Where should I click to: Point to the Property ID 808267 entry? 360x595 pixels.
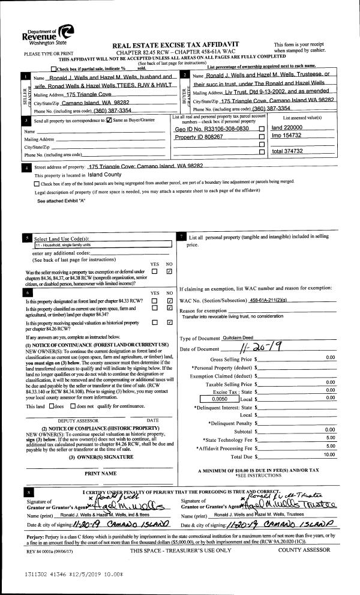[x=199, y=137]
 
